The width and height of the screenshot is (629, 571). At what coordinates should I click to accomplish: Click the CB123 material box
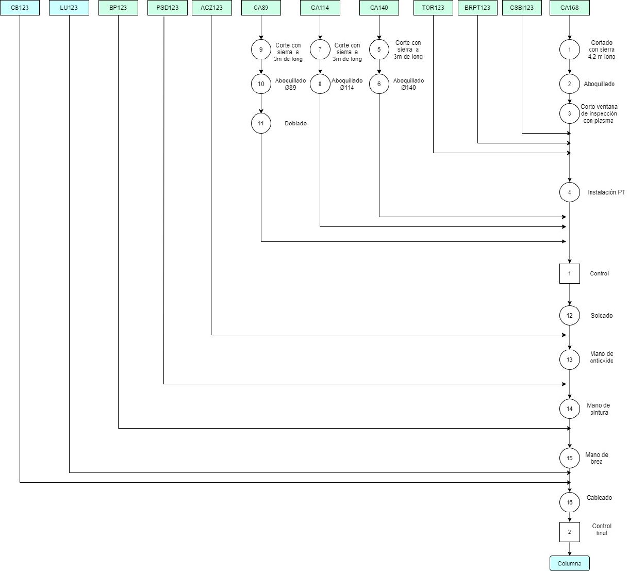[20, 8]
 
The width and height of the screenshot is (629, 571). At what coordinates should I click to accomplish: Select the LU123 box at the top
[69, 8]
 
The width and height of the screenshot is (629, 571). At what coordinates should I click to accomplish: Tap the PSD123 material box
[168, 8]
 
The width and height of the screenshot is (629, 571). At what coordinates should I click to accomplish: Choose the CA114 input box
[320, 8]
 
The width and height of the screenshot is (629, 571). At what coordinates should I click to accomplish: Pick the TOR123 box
[433, 8]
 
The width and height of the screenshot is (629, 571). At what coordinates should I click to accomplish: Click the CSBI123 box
[522, 8]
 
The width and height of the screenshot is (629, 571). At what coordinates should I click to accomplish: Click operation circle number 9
[261, 49]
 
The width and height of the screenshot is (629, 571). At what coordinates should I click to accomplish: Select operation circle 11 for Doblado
[261, 123]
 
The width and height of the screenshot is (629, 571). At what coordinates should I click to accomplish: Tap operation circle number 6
[379, 84]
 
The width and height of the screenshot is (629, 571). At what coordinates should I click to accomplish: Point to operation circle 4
[569, 192]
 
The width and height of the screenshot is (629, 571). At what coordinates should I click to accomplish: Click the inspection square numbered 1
[569, 273]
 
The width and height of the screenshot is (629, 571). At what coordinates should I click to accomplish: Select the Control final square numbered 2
[569, 532]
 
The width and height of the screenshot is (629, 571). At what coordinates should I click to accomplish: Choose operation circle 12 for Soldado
[569, 315]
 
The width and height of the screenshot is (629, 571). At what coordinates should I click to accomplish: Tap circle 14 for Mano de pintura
[569, 409]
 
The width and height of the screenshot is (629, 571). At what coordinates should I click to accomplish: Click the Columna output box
[569, 563]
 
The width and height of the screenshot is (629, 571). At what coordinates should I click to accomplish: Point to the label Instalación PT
[606, 192]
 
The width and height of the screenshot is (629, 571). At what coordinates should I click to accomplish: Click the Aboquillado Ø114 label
[347, 84]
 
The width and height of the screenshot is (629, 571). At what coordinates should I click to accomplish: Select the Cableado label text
[599, 498]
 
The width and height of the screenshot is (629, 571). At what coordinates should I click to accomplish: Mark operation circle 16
[569, 502]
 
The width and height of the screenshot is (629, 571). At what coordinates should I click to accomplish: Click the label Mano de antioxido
[601, 357]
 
